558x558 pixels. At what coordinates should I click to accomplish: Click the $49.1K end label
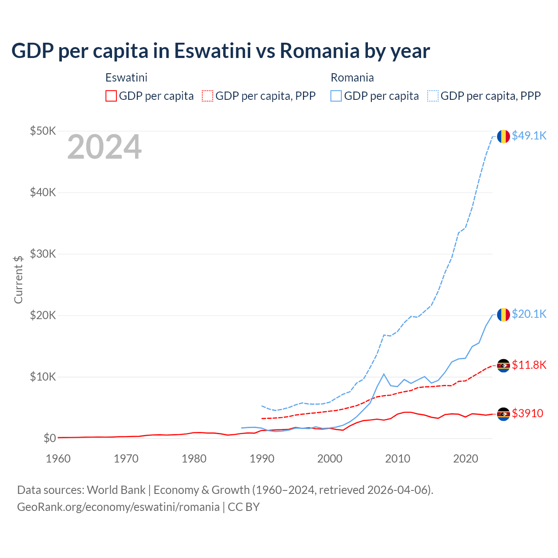click(x=529, y=136)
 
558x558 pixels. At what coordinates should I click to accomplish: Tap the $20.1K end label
click(x=529, y=314)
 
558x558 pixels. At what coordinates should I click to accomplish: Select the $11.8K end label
click(x=529, y=365)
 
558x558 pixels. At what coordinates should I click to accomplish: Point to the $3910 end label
click(x=527, y=413)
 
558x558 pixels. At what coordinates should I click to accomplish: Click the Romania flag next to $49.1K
click(x=504, y=136)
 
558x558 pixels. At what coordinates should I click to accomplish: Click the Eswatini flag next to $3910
click(x=504, y=414)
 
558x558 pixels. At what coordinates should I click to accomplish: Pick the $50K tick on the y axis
click(x=43, y=131)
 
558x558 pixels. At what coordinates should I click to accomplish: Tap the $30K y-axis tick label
click(x=43, y=254)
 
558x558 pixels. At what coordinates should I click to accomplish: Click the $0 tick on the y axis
click(x=49, y=438)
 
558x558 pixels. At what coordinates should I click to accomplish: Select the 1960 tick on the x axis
click(x=58, y=459)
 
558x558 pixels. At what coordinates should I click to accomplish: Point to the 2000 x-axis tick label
click(x=330, y=459)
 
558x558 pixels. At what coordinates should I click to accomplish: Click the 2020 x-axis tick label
click(x=466, y=459)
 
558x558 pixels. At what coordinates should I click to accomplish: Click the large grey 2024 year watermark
click(x=104, y=147)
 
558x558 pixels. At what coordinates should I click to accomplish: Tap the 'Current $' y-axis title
click(x=18, y=279)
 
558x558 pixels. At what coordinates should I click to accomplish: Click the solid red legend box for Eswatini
click(x=111, y=96)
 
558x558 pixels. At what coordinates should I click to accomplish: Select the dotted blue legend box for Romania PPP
click(x=433, y=96)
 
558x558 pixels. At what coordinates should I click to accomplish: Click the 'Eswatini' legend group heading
click(x=126, y=78)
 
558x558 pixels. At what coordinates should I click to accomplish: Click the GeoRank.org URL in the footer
click(x=118, y=507)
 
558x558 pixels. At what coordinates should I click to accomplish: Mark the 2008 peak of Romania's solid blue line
click(x=384, y=374)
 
